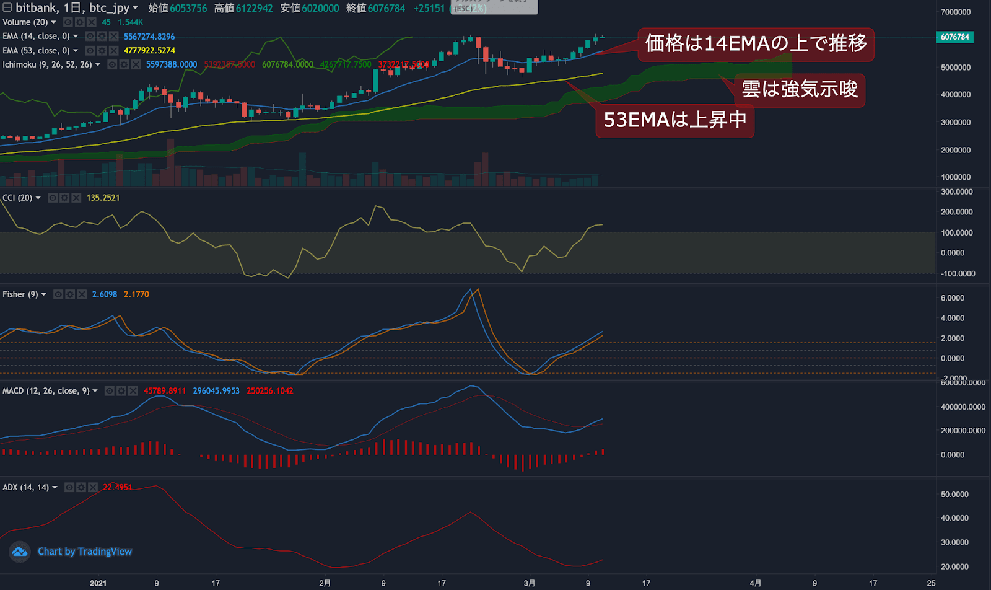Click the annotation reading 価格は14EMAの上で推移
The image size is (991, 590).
coord(756,44)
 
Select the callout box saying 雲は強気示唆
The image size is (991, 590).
coord(800,89)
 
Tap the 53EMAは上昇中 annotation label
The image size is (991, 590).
coord(675,120)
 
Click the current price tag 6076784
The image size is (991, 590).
coord(954,37)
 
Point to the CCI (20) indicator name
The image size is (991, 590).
coord(17,198)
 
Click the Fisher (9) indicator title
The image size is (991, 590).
coord(20,294)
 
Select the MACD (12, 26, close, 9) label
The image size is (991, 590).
coord(46,391)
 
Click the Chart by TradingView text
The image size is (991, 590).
coord(85,552)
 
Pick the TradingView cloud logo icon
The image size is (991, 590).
coord(20,552)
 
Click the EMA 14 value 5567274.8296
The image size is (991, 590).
coord(149,37)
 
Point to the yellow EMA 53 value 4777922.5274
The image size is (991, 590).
coord(149,50)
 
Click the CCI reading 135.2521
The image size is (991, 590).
coord(103,198)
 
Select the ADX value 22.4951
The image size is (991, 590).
coord(117,487)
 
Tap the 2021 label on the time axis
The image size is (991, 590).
coord(98,583)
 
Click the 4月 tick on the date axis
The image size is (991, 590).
coord(755,583)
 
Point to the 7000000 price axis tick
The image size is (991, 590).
coord(956,12)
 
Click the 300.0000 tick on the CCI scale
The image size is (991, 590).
coord(956,192)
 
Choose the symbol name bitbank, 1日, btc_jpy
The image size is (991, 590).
coord(72,8)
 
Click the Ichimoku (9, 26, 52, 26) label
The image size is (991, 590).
coord(47,64)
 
